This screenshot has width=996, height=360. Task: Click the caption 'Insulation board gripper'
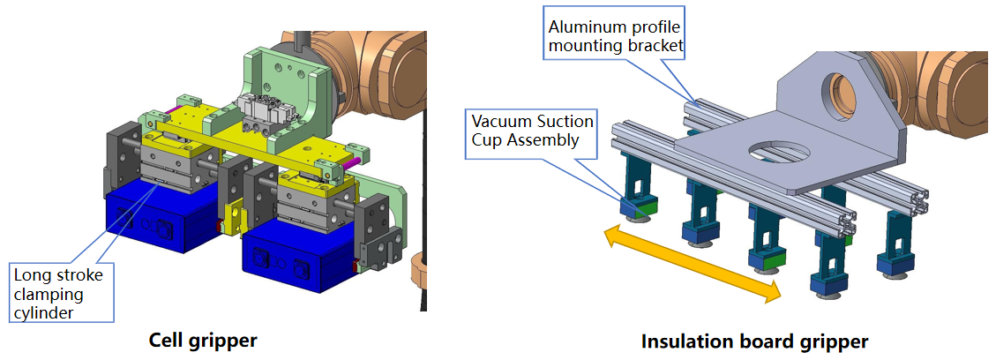coord(754,341)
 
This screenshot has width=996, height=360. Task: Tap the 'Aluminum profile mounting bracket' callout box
coord(613,35)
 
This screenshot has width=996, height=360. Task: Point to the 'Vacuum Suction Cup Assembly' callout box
coord(533,130)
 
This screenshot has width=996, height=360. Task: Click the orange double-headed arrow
coord(692,263)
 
